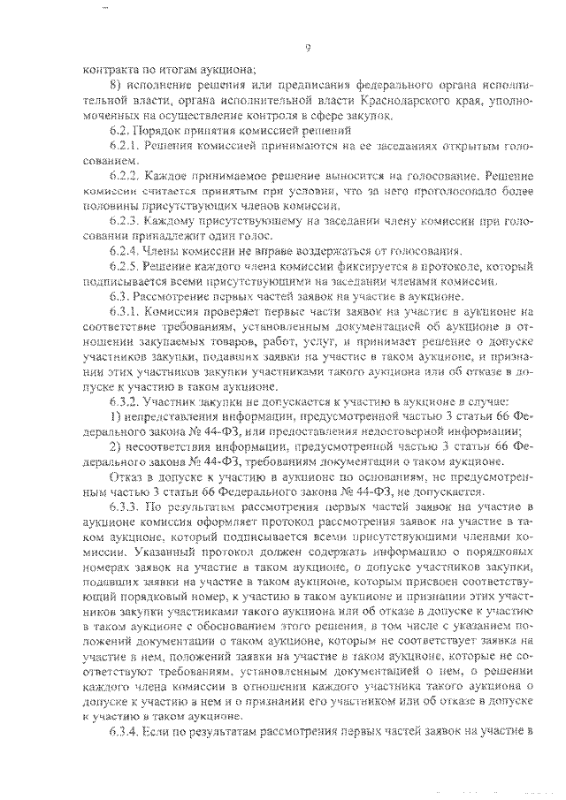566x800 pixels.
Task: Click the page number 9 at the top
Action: tap(307, 48)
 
